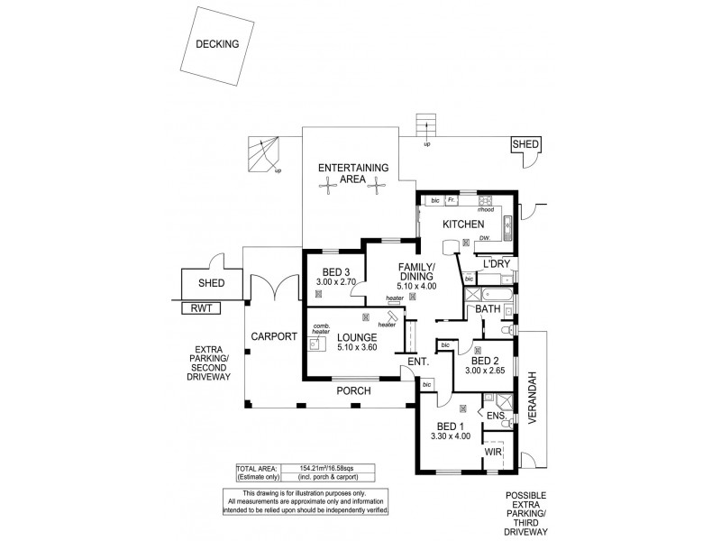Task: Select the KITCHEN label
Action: click(x=463, y=225)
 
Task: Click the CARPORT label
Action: click(x=274, y=336)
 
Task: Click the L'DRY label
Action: click(x=497, y=263)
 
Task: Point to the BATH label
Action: click(x=488, y=309)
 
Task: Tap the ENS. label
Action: click(x=495, y=417)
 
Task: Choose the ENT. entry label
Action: click(x=416, y=362)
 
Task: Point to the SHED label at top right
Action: click(x=525, y=144)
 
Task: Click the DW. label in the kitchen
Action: click(x=485, y=238)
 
